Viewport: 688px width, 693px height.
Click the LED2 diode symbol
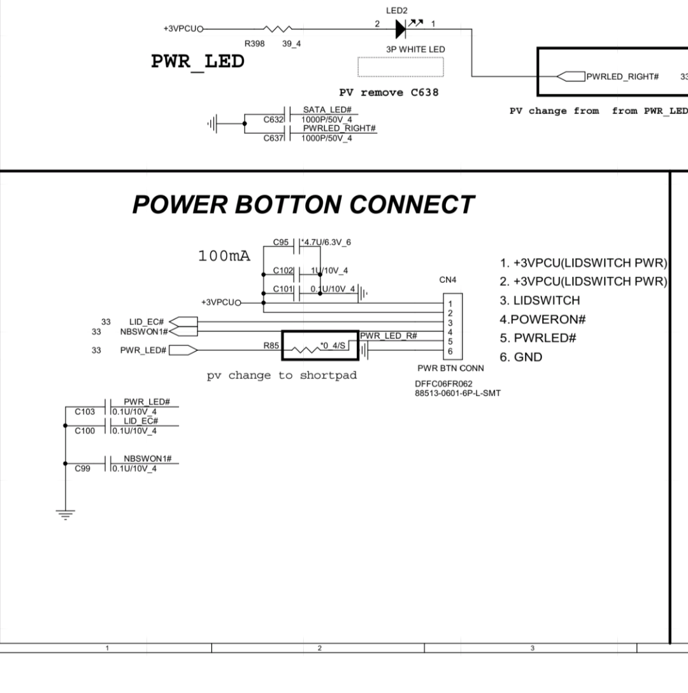(401, 29)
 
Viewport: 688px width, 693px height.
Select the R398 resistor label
(255, 43)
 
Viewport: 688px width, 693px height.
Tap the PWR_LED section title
(197, 62)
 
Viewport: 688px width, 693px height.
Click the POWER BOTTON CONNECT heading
(303, 204)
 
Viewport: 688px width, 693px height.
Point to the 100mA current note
(224, 256)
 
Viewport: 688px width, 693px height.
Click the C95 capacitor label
(281, 243)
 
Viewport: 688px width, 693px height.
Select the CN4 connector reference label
(448, 280)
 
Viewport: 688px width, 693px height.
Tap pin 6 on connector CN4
(450, 352)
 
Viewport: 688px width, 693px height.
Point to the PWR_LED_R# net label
(389, 336)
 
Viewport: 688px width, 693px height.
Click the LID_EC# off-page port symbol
(183, 322)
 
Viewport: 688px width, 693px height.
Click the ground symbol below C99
(65, 512)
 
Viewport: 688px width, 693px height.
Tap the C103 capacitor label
(85, 412)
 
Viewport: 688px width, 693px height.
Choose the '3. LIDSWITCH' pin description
(540, 301)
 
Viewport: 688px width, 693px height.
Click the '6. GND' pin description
(520, 357)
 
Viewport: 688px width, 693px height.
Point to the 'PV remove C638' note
(389, 93)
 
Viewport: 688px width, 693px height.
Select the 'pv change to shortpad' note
(282, 376)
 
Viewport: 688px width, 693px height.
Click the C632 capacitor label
(273, 119)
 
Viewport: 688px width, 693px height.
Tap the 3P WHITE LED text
(415, 50)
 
